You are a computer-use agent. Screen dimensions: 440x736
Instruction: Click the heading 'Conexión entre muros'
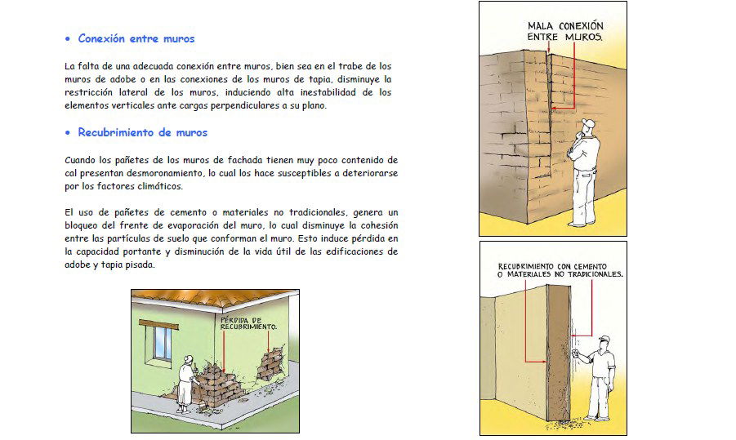[136, 38]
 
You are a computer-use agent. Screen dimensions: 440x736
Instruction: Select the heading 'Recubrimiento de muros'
[142, 132]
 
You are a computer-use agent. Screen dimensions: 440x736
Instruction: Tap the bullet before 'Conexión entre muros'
[68, 39]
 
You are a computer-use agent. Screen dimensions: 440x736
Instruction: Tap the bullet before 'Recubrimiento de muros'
[68, 133]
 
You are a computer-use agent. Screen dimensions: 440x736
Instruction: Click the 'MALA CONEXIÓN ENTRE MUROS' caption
[565, 31]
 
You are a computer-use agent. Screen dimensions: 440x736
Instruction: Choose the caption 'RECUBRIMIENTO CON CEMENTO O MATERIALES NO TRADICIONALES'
[560, 270]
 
